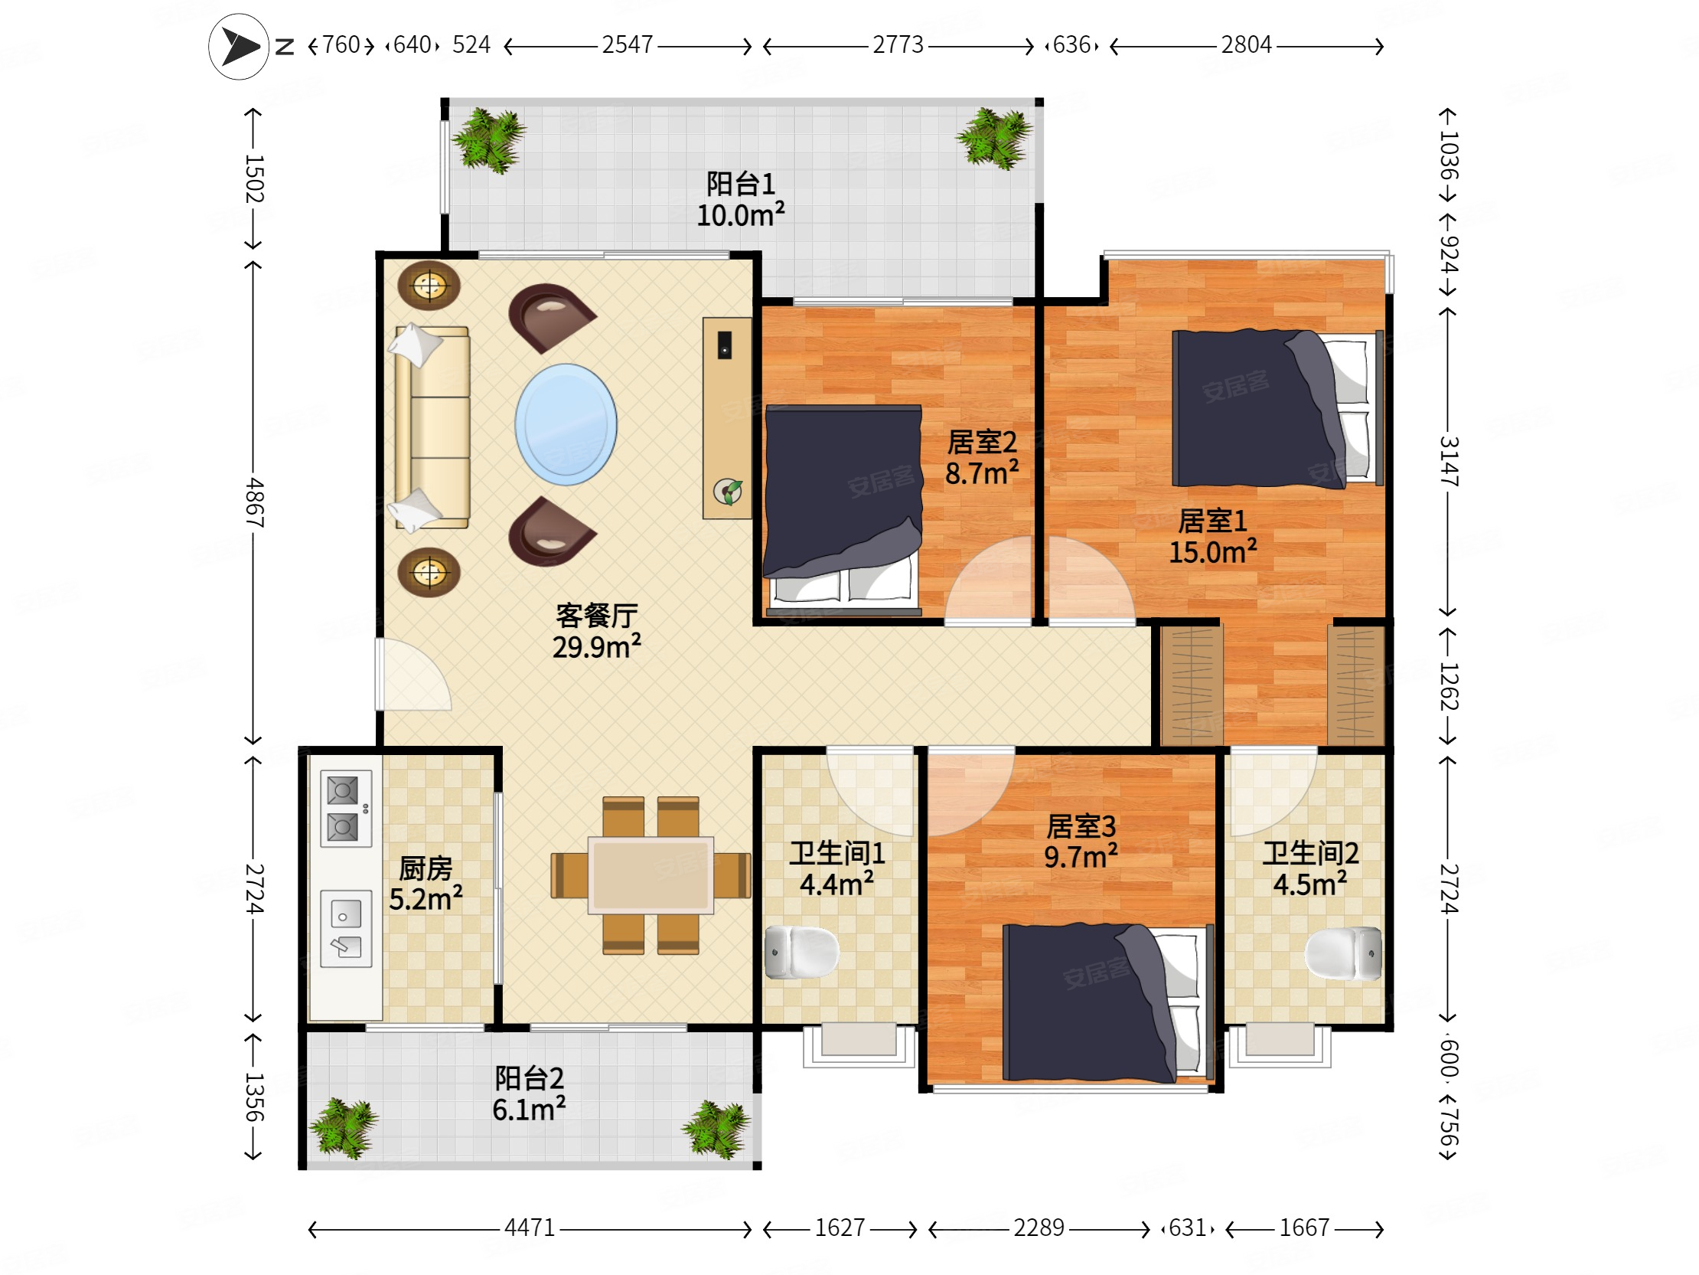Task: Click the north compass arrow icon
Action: coord(239,47)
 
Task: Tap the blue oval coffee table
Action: coord(566,424)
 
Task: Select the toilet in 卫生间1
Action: coord(802,953)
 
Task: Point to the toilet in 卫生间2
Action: coord(1343,953)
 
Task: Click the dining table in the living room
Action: coord(651,875)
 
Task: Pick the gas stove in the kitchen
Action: coord(346,809)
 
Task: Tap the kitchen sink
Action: coord(346,928)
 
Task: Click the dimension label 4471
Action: coord(529,1228)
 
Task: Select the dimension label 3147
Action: coord(1449,461)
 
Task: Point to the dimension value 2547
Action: coord(627,44)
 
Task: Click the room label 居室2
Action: coord(982,442)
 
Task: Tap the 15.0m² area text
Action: coord(1213,552)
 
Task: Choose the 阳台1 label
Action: coord(740,184)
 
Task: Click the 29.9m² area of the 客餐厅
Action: coord(597,647)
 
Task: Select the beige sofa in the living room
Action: coord(431,428)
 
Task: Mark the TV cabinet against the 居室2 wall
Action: coord(727,418)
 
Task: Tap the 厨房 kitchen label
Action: coord(426,868)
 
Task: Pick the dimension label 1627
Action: coord(840,1228)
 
